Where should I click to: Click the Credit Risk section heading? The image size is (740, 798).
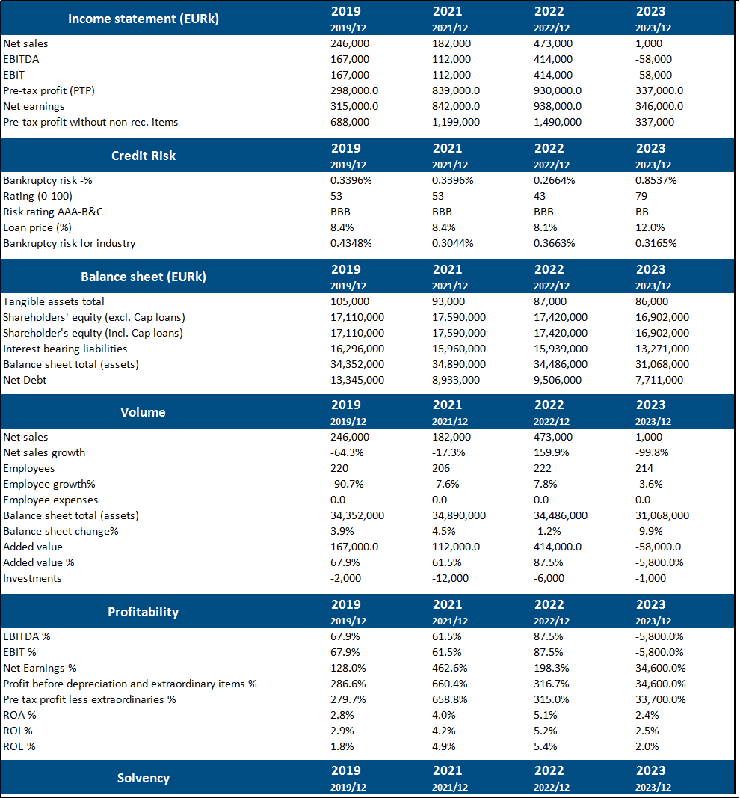[x=143, y=156]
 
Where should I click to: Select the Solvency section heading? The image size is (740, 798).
[x=143, y=778]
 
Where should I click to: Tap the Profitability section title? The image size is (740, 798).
[x=143, y=612]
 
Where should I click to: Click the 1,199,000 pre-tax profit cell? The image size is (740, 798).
[x=456, y=122]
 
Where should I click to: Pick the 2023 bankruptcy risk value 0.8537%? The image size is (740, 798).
[x=656, y=180]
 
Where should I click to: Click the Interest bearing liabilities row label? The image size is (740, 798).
[x=65, y=349]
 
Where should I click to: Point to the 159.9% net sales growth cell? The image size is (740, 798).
[x=552, y=452]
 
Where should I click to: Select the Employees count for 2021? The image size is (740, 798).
[x=442, y=468]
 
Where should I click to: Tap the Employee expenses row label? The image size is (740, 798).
[x=51, y=500]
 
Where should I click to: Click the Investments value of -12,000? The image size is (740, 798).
[x=451, y=578]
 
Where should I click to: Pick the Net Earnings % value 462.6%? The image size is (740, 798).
[x=450, y=668]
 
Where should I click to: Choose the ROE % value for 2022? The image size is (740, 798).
[x=549, y=746]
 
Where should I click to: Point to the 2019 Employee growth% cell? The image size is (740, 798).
[x=347, y=484]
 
